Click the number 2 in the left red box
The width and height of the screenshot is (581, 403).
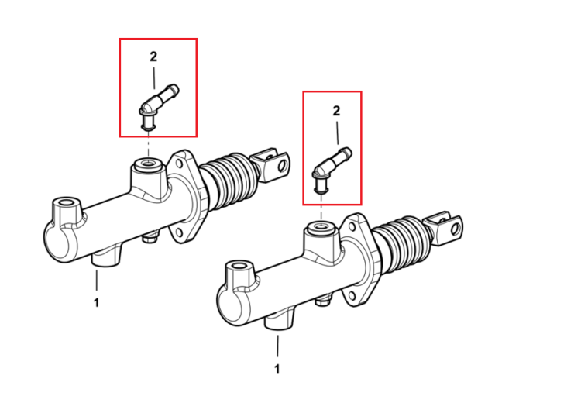tap(153, 57)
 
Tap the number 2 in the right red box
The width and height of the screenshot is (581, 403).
tap(336, 111)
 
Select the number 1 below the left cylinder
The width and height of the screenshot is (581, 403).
tap(96, 303)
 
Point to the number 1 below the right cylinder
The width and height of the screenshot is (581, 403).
tap(277, 369)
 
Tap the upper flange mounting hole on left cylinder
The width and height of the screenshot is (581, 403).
tap(180, 164)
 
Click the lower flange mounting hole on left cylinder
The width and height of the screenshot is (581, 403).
tap(179, 232)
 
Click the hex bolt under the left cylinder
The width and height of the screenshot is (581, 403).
tap(151, 237)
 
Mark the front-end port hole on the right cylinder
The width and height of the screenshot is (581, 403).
tap(239, 266)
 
